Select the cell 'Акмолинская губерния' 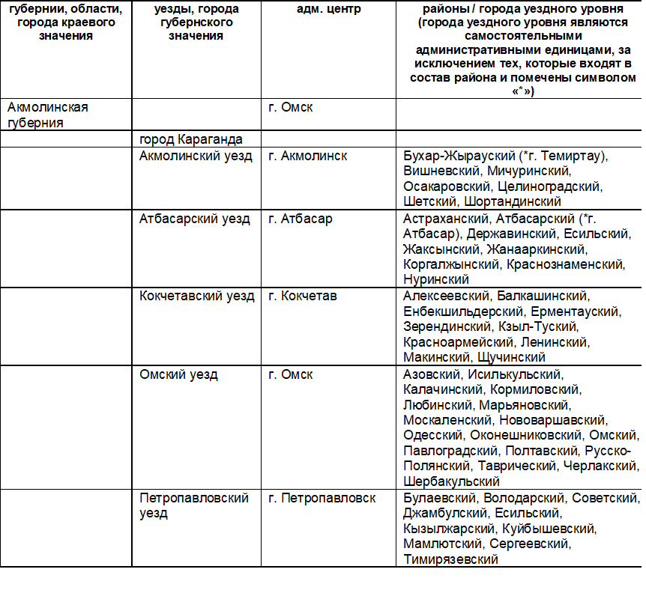pyautogui.click(x=47, y=115)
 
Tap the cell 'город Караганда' pyautogui.click(x=190, y=139)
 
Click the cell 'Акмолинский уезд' pyautogui.click(x=195, y=156)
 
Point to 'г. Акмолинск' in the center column pyautogui.click(x=307, y=156)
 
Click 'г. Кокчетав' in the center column pyautogui.click(x=303, y=296)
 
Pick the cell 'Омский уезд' pyautogui.click(x=178, y=374)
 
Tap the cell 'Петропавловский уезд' pyautogui.click(x=193, y=505)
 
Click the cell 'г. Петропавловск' pyautogui.click(x=322, y=498)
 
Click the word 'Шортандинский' pyautogui.click(x=512, y=201)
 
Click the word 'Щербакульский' pyautogui.click(x=451, y=481)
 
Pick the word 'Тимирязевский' pyautogui.click(x=450, y=559)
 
